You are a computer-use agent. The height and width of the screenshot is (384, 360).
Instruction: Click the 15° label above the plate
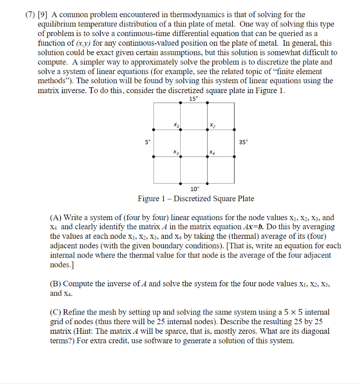click(x=193, y=99)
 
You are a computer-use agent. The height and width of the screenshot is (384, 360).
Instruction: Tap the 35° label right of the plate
click(x=243, y=142)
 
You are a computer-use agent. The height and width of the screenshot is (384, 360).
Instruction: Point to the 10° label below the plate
click(x=194, y=189)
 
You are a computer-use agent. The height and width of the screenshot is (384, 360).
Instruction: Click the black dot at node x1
click(x=181, y=130)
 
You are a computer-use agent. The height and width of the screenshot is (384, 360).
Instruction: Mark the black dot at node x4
click(x=208, y=157)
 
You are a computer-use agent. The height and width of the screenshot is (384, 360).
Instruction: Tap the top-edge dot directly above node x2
click(x=208, y=103)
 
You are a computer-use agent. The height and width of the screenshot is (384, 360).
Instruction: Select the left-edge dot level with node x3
click(x=154, y=157)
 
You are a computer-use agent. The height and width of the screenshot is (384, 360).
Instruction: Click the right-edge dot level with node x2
click(x=235, y=130)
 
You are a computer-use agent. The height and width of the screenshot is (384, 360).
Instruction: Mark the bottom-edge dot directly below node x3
click(x=181, y=184)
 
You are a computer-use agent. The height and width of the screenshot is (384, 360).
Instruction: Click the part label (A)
click(x=56, y=218)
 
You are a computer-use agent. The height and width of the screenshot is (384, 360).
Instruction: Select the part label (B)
click(x=56, y=284)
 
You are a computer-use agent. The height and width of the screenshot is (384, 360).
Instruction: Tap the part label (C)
click(x=56, y=312)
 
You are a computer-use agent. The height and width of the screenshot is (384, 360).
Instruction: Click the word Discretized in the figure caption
click(x=193, y=199)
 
